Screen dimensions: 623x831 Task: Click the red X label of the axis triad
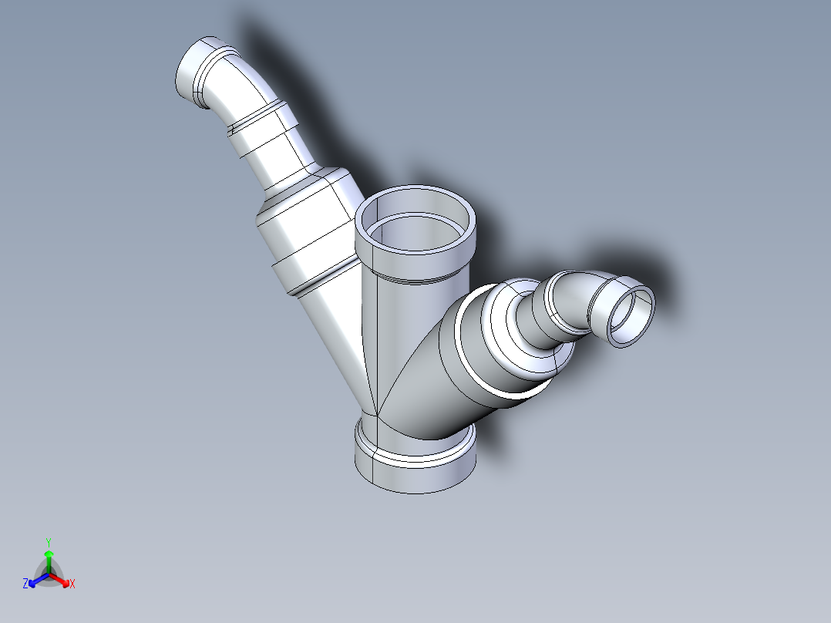point(72,584)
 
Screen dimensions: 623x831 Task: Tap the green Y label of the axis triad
point(48,542)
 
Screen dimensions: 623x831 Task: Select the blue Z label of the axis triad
point(25,584)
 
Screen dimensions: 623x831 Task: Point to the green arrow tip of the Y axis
point(48,554)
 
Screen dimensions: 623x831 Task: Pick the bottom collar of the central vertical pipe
point(415,466)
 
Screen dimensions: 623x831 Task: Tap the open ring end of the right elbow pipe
point(631,315)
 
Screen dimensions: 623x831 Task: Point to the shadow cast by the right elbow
point(655,270)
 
